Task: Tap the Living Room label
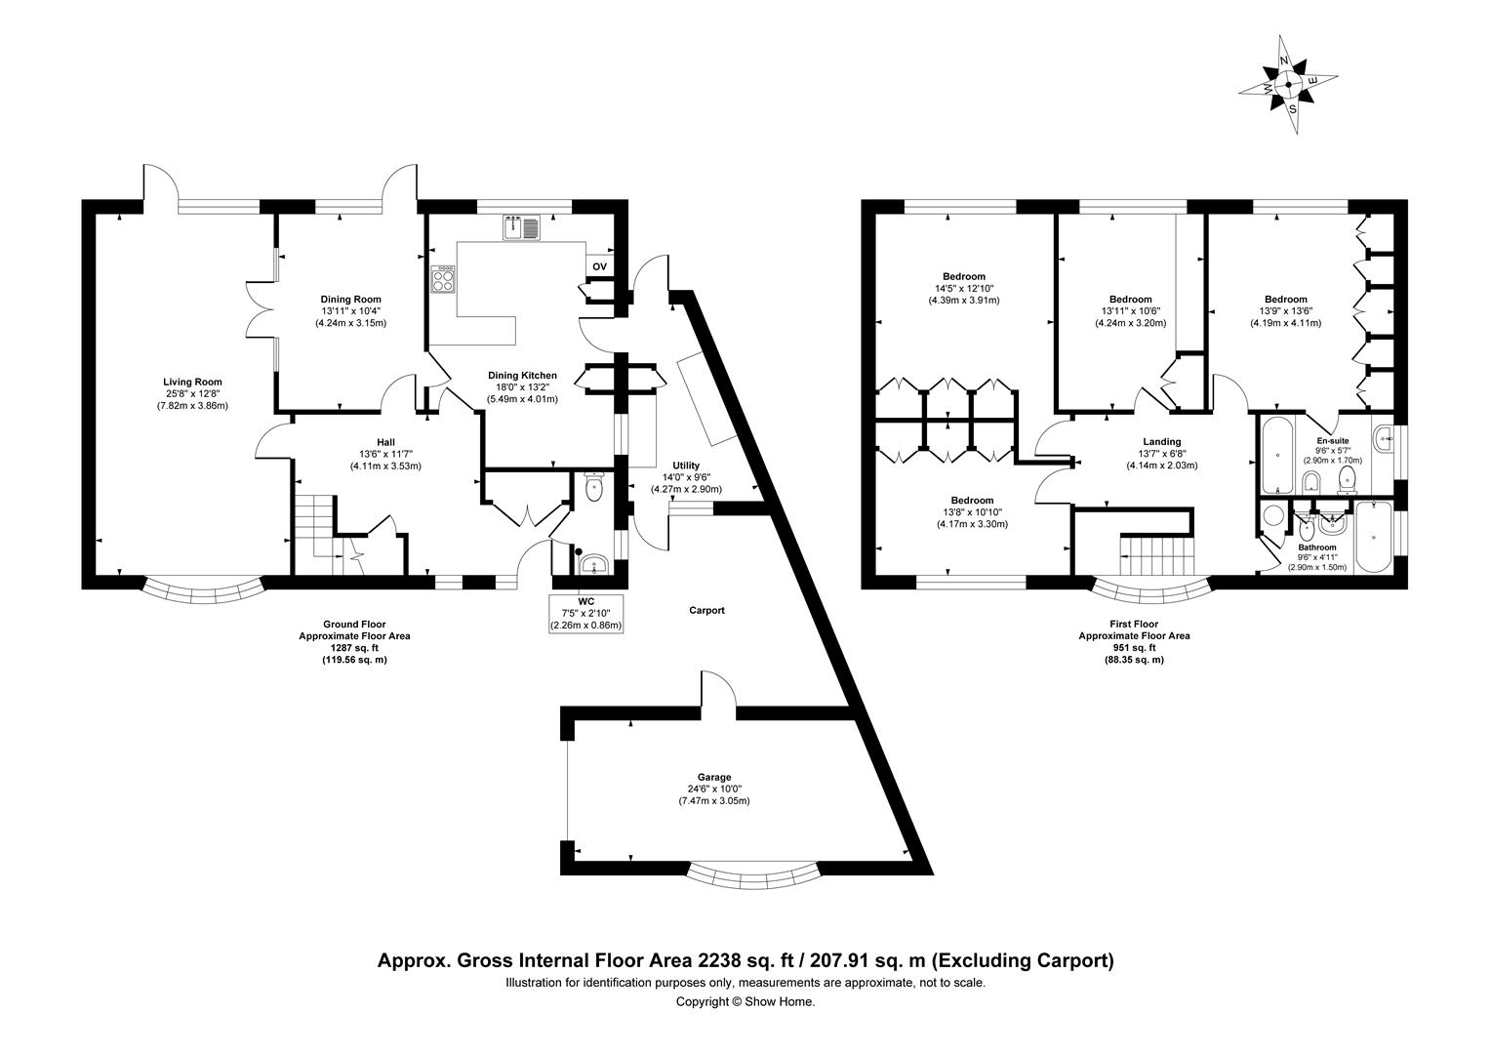(x=192, y=383)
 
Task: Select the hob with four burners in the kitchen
(x=444, y=281)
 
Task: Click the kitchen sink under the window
(x=522, y=228)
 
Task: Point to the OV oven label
(x=599, y=266)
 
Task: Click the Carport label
(x=706, y=611)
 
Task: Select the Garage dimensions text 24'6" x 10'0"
(x=714, y=789)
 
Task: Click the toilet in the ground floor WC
(x=594, y=486)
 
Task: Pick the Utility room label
(x=686, y=465)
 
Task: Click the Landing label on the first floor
(x=1161, y=442)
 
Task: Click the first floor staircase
(x=1156, y=557)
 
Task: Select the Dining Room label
(x=351, y=300)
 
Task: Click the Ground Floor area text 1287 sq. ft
(x=354, y=647)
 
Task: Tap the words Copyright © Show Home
(x=745, y=1001)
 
